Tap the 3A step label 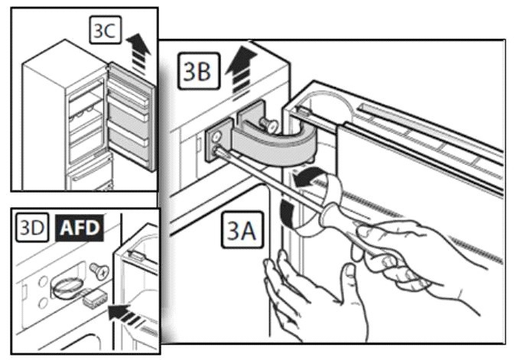tap(244, 229)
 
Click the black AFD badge tap(80, 227)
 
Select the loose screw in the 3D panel tap(99, 269)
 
